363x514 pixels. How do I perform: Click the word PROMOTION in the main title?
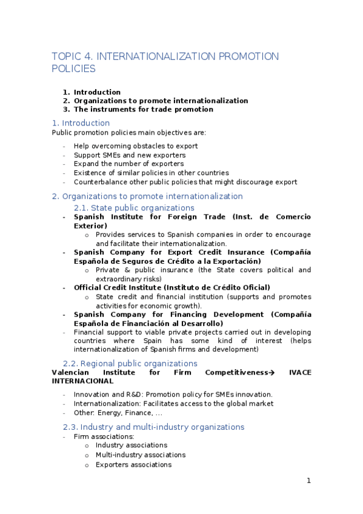pos(248,56)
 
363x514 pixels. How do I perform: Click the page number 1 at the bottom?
pos(308,481)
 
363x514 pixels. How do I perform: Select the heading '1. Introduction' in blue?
pos(81,123)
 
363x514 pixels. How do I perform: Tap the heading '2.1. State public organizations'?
pos(138,207)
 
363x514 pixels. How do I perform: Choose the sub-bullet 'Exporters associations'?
pos(133,465)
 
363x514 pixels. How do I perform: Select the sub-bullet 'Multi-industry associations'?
pos(141,455)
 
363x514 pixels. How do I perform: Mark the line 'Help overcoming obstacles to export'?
pos(136,146)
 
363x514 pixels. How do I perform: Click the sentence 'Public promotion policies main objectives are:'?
pos(128,132)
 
